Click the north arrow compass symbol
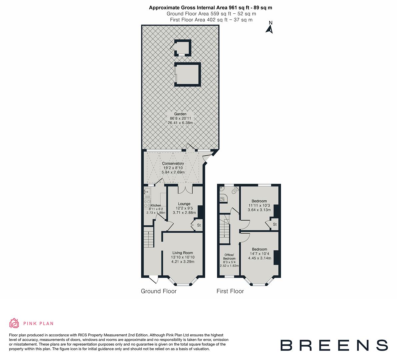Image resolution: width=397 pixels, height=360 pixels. [270, 28]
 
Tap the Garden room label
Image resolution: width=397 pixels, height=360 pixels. [180, 114]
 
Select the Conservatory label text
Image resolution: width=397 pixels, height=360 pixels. [173, 163]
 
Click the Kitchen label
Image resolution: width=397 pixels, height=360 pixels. [155, 206]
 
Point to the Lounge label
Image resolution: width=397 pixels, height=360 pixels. [184, 204]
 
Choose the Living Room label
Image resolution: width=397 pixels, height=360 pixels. [183, 253]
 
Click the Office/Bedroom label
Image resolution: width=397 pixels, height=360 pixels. [229, 257]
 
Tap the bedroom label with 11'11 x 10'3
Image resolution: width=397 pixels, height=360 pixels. [259, 201]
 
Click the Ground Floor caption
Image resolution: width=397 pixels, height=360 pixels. [159, 291]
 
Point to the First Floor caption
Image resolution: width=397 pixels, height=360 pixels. [230, 291]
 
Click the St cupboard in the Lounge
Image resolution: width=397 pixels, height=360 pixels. [199, 225]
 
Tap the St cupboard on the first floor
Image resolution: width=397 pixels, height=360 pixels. [275, 224]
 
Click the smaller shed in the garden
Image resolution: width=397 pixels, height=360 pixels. [183, 48]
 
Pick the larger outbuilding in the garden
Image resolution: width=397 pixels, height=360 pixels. [187, 74]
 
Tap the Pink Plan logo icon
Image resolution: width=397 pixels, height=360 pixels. [14, 323]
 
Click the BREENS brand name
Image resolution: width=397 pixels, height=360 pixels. [334, 345]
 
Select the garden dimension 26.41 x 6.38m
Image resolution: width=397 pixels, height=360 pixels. [180, 123]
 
